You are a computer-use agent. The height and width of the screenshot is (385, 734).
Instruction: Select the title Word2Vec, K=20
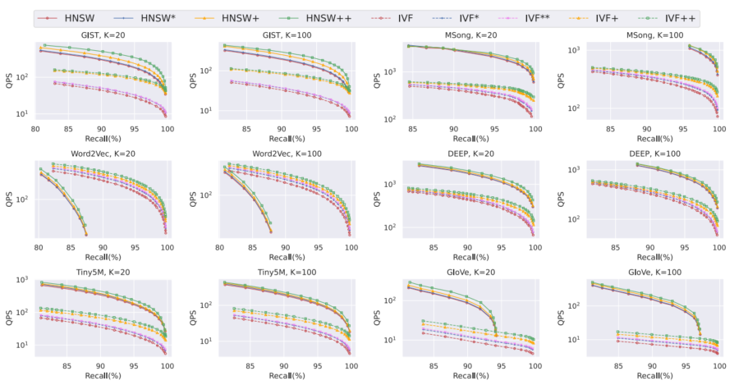(x=102, y=154)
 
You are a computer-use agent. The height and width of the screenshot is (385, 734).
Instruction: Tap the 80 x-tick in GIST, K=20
(x=36, y=129)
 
